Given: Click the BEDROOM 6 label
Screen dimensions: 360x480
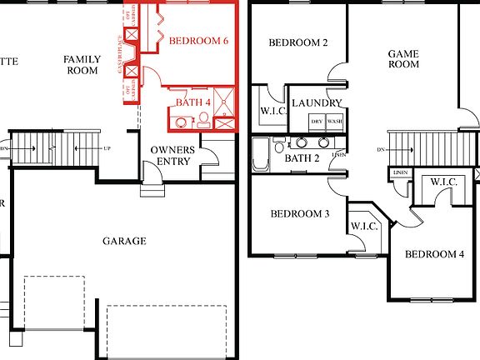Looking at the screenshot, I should (198, 41).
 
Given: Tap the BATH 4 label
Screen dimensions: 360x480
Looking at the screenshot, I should (192, 102).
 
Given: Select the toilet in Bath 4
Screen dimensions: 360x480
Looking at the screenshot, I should (203, 118).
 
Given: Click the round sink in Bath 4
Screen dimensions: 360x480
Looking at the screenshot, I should (180, 122).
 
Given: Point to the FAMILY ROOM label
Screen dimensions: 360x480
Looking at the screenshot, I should (83, 65).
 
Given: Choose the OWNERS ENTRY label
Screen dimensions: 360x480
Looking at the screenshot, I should (172, 155).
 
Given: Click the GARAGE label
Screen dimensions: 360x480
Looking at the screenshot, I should (124, 241).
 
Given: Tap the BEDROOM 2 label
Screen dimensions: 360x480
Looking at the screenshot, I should (298, 43).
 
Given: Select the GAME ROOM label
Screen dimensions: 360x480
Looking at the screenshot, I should (403, 59).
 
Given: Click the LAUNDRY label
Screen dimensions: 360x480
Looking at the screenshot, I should (317, 103).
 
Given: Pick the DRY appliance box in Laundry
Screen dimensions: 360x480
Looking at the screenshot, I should (317, 122).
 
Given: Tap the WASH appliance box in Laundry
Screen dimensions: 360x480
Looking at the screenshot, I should (334, 122).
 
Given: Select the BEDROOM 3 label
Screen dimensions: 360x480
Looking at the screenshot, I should (300, 214).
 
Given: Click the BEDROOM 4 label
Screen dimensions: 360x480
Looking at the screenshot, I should (434, 254).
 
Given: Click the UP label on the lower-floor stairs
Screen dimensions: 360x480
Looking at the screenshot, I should (106, 148).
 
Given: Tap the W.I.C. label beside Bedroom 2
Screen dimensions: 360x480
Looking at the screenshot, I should (274, 110).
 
